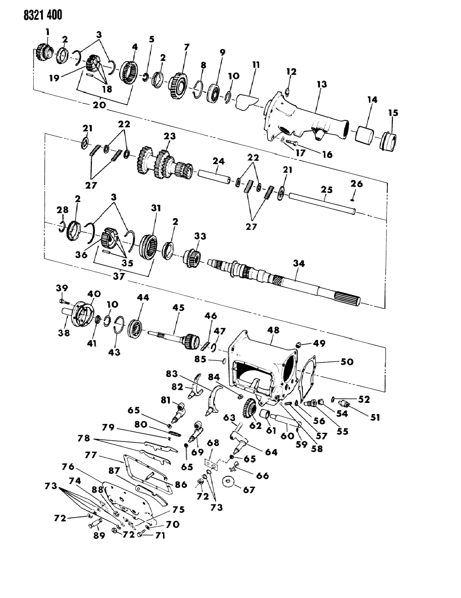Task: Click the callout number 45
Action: pos(179,308)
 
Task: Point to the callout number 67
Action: pos(249,490)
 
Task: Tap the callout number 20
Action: pos(99,105)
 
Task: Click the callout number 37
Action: pos(119,276)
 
